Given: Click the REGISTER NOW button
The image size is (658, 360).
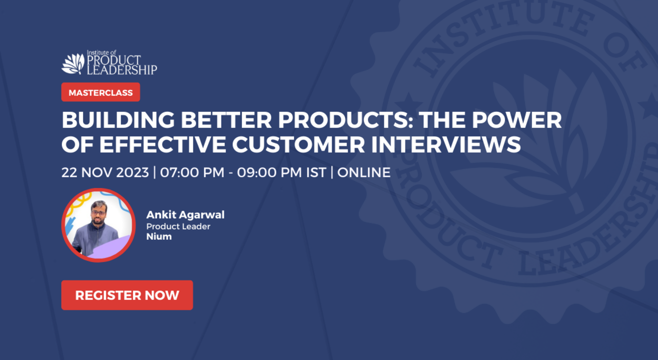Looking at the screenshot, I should (x=127, y=295).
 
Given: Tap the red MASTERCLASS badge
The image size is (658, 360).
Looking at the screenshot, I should (x=100, y=92).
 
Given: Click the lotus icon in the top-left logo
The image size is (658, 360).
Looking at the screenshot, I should (x=73, y=63).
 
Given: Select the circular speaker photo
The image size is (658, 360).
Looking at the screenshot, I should (x=98, y=225).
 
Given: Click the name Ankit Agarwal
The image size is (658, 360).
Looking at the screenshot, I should (x=185, y=214).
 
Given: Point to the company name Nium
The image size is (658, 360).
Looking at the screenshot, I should (x=159, y=236).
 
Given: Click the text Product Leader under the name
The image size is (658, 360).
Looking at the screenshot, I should (x=178, y=226).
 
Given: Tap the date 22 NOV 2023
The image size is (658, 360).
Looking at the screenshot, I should (x=105, y=172).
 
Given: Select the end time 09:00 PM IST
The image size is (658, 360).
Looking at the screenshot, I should (x=281, y=172).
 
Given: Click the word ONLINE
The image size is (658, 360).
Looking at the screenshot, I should (x=364, y=172).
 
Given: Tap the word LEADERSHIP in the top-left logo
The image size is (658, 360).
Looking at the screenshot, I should (x=122, y=70).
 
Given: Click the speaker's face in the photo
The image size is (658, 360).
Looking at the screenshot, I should (x=99, y=212).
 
